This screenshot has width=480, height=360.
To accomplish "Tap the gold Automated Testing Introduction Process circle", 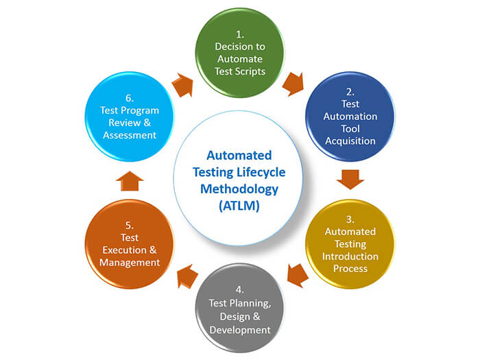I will (350, 243).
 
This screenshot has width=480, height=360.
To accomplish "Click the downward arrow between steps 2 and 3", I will (350, 180).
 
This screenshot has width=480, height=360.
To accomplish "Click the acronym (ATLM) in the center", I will (239, 203).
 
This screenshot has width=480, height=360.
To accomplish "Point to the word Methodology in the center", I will (239, 187).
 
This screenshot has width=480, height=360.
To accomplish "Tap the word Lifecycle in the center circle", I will (265, 171).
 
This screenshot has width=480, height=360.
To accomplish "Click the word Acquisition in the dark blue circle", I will (350, 141).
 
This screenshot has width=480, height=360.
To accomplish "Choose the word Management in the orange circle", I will (130, 262).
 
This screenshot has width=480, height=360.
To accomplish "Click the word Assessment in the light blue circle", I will (130, 135).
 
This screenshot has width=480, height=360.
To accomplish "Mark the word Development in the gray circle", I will (239, 330).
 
